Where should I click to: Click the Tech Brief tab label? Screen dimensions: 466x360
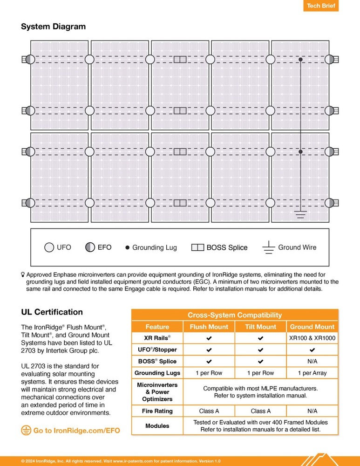(320, 6)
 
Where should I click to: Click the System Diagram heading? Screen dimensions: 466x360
(53, 27)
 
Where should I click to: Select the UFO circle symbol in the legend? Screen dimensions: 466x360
(49, 247)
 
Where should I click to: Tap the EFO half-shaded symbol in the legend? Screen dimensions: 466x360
(90, 247)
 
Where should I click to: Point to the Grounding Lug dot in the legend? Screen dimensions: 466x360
(127, 248)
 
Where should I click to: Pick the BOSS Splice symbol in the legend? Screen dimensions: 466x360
(197, 248)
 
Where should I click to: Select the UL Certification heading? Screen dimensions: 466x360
(52, 312)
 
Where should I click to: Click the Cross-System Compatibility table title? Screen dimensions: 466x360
(235, 315)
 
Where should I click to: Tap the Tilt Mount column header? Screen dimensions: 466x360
(260, 327)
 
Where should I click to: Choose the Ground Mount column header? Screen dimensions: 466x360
(312, 327)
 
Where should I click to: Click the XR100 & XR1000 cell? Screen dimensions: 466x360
(312, 338)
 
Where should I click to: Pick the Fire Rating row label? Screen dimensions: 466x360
(157, 411)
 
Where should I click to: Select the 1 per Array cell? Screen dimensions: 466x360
(312, 373)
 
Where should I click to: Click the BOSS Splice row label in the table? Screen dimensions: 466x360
(157, 361)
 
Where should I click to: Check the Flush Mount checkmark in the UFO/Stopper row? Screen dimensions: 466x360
(209, 349)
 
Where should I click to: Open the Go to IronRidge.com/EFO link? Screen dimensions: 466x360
(70, 431)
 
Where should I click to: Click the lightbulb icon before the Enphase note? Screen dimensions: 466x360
(23, 275)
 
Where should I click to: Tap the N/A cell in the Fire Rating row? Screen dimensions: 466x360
(312, 411)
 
